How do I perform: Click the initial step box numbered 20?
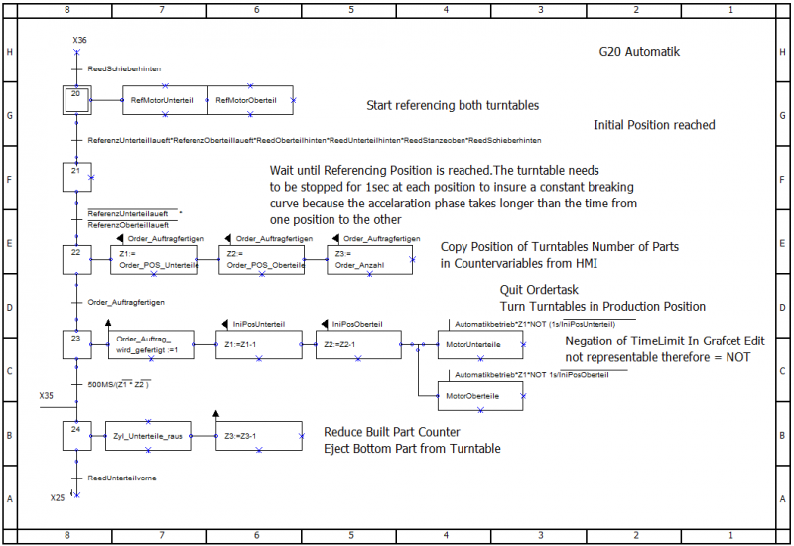(x=75, y=100)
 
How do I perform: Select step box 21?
(x=75, y=178)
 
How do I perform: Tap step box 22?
(x=75, y=258)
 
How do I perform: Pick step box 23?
(x=75, y=344)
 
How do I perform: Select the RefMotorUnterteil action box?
(x=165, y=100)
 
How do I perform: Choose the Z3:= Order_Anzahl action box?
(x=369, y=259)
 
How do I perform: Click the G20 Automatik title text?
(x=639, y=52)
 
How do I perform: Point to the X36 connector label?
(x=79, y=40)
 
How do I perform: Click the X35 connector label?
(x=47, y=395)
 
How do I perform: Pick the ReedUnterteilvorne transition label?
(x=122, y=478)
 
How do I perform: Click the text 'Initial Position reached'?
(x=654, y=125)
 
